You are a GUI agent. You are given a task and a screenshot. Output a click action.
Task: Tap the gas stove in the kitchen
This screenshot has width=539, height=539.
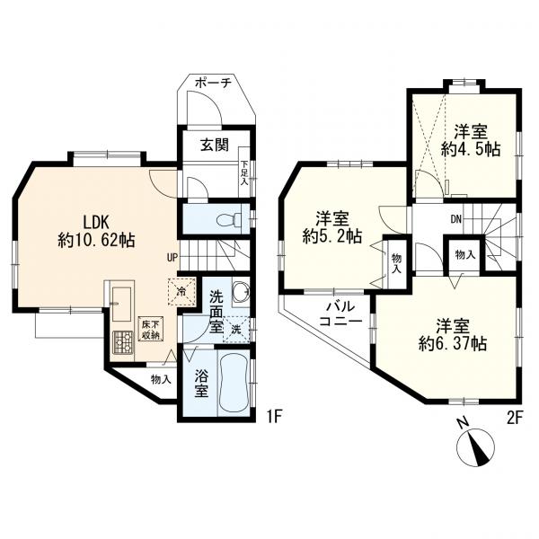coord(123,341)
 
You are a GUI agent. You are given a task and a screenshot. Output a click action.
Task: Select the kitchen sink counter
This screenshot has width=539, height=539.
coord(121,305)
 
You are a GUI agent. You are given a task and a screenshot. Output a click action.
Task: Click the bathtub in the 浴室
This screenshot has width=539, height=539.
coord(234,383)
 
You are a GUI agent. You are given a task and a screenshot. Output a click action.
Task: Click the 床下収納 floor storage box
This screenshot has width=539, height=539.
coord(151,330)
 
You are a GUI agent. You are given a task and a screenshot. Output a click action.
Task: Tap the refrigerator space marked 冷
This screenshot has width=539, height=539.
coord(181,291)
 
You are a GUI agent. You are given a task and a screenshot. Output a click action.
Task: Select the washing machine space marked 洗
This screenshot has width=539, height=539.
coord(236,330)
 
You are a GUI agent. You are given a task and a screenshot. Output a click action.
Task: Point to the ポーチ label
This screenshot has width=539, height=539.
coord(212,84)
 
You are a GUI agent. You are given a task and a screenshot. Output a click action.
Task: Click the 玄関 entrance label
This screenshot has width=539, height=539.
coord(215,146)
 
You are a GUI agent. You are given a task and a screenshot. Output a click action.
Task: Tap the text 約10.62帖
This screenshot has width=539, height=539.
coord(96,240)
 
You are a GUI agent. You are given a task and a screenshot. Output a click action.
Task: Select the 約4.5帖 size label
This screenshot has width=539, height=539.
coord(470,149)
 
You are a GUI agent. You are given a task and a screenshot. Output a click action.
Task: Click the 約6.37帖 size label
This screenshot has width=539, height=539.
coord(453,343)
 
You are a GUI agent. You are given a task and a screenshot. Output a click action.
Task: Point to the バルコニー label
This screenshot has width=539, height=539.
coord(340,314)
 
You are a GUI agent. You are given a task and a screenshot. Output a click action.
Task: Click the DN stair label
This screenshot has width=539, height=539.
coord(455,219)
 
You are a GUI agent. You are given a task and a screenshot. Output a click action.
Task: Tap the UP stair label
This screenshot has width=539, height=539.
coord(172,257)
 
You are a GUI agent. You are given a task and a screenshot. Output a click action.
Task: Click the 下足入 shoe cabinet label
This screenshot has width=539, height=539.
coord(243,172)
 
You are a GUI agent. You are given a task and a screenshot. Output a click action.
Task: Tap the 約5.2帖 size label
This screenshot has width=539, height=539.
coord(332,237)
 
